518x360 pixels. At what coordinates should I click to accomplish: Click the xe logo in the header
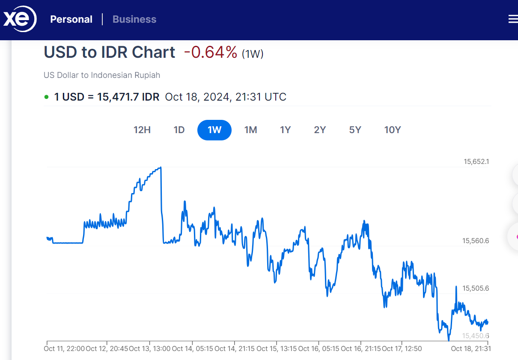coord(20,20)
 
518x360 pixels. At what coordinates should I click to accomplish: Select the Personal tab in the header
coord(71,19)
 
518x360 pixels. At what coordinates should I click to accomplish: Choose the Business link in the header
coord(134,19)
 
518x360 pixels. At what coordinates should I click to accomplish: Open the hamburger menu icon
coord(513,19)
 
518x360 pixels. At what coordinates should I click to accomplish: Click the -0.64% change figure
coord(210,52)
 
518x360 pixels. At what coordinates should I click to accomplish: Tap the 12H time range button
coord(142,130)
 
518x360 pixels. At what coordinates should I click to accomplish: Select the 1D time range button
coord(179,130)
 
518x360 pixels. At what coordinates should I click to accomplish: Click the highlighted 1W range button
coord(214,130)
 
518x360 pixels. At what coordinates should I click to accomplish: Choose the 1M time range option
coord(250,130)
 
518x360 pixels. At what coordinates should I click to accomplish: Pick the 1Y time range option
coord(286,130)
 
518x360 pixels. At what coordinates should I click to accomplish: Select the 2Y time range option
coord(320,130)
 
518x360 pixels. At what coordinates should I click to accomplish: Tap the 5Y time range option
coord(355,130)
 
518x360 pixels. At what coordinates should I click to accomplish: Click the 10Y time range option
coord(392,130)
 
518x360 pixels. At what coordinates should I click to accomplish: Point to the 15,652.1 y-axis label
coord(476,162)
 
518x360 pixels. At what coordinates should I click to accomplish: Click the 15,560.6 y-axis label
coord(476,241)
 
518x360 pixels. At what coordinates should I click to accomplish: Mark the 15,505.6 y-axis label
coord(476,289)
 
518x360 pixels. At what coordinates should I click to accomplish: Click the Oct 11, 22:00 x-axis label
coord(64,348)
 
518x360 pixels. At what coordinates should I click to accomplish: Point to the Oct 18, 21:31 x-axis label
coord(470,348)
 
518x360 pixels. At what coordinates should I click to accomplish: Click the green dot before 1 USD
coord(46,97)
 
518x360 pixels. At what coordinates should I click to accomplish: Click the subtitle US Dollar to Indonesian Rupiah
coord(102,75)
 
